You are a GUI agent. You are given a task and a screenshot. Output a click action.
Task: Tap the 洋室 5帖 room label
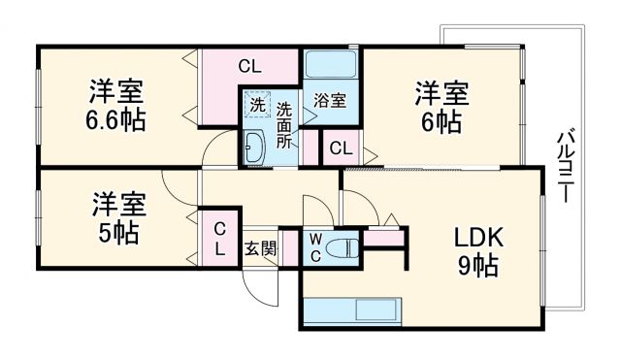pos(118,218)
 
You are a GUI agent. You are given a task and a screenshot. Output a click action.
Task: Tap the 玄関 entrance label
pos(260,246)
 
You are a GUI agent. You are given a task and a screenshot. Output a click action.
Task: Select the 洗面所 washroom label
pos(284,123)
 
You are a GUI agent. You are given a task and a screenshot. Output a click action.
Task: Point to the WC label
pos(316,246)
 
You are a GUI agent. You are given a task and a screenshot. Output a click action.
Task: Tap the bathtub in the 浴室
pos(330,66)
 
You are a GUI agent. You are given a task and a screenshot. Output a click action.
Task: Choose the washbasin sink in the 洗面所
pos(254,147)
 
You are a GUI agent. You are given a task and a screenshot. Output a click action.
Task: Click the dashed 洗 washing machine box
pos(257,105)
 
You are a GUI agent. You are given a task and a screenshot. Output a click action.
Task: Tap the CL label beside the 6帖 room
pos(340,147)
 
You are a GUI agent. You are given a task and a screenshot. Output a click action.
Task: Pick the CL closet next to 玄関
pos(220,239)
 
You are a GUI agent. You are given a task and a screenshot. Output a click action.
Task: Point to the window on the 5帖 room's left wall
pos(39,217)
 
